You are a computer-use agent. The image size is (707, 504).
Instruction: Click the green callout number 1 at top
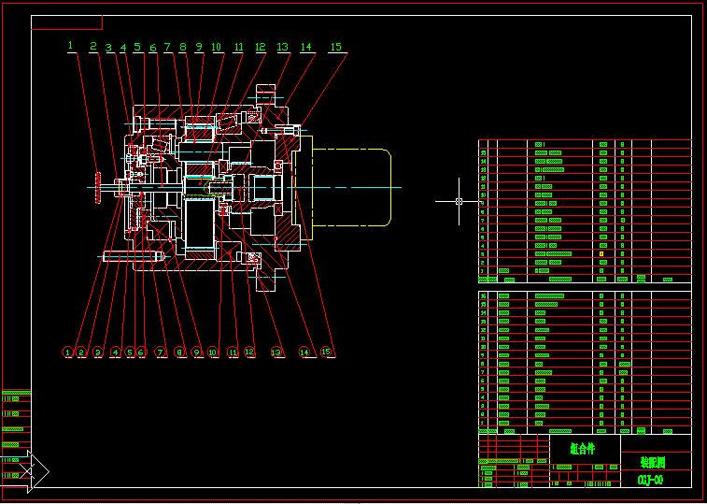69,44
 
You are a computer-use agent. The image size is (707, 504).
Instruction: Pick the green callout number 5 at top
137,46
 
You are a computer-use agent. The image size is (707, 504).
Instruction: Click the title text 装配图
654,462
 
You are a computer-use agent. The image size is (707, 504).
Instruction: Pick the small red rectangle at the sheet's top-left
66,22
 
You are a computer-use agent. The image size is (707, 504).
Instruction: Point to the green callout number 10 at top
216,46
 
